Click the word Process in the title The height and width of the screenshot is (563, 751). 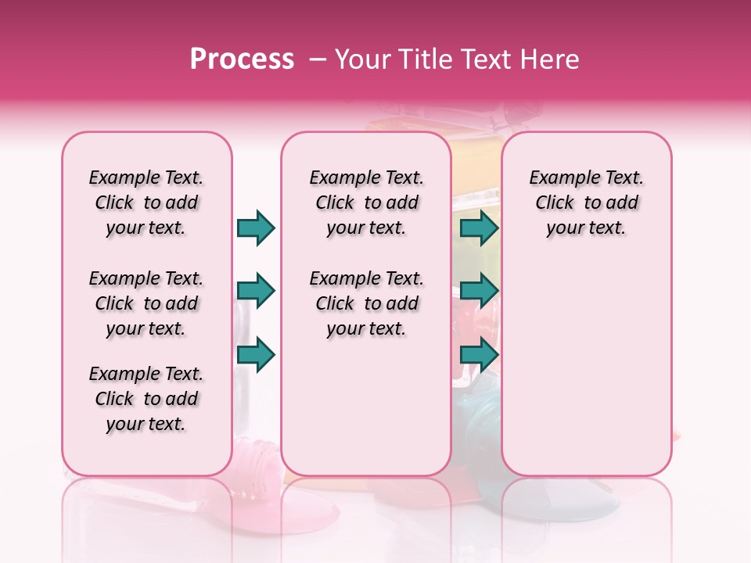[242, 59]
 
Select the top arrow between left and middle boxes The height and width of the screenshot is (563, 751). [256, 228]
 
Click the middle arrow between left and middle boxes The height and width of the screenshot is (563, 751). [256, 292]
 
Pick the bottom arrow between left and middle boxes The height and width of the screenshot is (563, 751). [256, 355]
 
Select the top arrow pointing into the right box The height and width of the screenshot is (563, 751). [479, 228]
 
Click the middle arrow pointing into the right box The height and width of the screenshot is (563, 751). [479, 292]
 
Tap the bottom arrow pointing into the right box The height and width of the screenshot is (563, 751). [479, 355]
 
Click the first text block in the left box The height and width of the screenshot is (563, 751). [146, 203]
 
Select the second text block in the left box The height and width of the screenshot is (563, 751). [146, 303]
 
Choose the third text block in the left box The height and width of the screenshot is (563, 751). [146, 399]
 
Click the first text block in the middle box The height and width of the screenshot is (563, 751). [366, 203]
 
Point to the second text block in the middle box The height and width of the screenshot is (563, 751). [366, 303]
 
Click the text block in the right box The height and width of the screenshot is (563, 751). [586, 203]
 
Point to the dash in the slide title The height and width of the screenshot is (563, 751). [318, 59]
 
